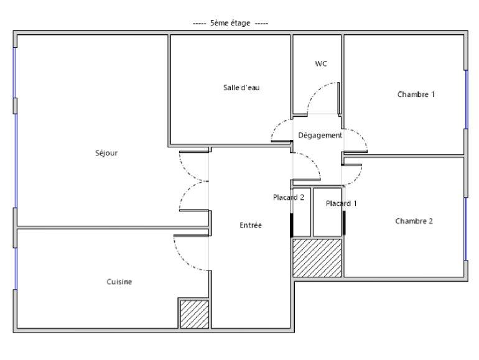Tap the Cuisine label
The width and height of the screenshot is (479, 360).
[x=119, y=282]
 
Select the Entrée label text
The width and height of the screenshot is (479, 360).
[x=251, y=225]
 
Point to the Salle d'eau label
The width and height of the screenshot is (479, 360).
[x=241, y=88]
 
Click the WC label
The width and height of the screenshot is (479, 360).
[x=321, y=64]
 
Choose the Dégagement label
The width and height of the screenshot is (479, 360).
[x=320, y=136]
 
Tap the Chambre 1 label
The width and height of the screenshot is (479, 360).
[x=416, y=95]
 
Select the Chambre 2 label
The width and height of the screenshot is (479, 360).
[x=414, y=221]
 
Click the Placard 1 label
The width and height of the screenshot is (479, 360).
[x=342, y=203]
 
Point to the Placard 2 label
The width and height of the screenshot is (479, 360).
[x=288, y=198]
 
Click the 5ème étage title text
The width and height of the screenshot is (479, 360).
[x=231, y=23]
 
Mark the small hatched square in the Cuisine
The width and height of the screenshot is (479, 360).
[x=194, y=313]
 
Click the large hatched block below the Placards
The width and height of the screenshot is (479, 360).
[x=317, y=257]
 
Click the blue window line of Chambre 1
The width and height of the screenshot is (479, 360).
[x=466, y=99]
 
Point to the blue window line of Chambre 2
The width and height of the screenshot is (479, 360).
[x=466, y=227]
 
